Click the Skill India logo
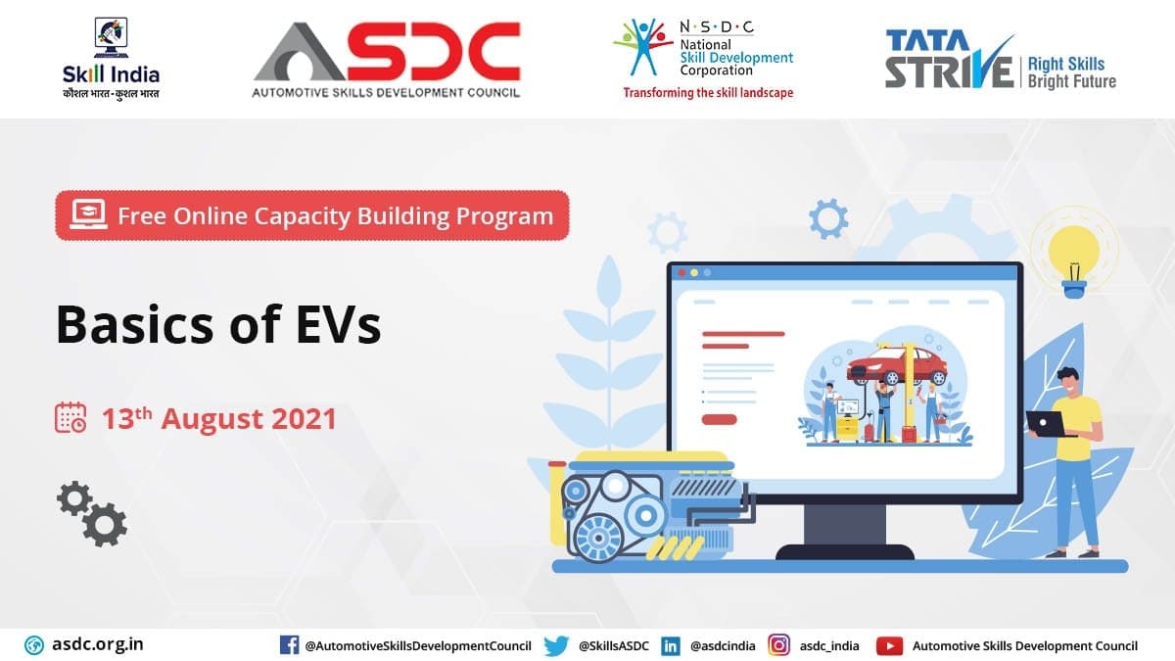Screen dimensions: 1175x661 click(x=111, y=58)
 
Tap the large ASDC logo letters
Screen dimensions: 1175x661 click(x=387, y=51)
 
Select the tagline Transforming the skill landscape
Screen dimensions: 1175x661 click(x=708, y=93)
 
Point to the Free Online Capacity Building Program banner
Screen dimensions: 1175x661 click(x=312, y=215)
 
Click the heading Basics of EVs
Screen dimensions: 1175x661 click(x=218, y=324)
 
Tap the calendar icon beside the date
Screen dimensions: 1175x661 click(x=70, y=417)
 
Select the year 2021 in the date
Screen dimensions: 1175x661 click(x=305, y=419)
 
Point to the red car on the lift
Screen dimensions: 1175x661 click(x=897, y=364)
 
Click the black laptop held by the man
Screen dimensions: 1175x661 click(x=1048, y=424)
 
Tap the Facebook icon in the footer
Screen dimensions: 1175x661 click(x=289, y=645)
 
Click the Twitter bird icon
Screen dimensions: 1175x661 click(x=556, y=645)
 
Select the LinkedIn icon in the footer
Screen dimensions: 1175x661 click(x=671, y=645)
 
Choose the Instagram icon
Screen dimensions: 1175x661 click(x=779, y=645)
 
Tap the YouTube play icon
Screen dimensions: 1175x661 click(x=890, y=645)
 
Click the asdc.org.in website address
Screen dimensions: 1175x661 click(x=98, y=644)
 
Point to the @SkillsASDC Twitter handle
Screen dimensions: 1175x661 click(x=614, y=645)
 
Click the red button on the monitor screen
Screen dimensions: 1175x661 click(x=719, y=419)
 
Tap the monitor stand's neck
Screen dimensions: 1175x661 click(x=845, y=525)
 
